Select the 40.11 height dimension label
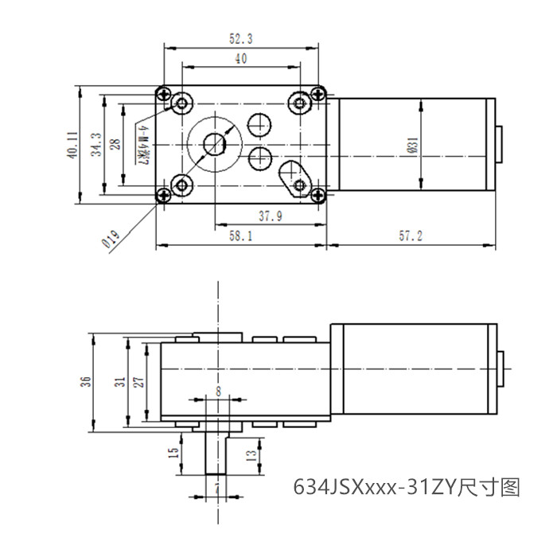click(72, 144)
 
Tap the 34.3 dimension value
click(95, 144)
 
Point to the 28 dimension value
click(115, 144)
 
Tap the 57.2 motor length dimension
click(410, 236)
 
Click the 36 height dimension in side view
click(86, 381)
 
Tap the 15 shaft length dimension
click(173, 454)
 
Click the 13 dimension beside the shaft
click(251, 455)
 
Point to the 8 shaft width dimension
click(217, 391)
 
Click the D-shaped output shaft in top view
click(213, 144)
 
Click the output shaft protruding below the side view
click(216, 454)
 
